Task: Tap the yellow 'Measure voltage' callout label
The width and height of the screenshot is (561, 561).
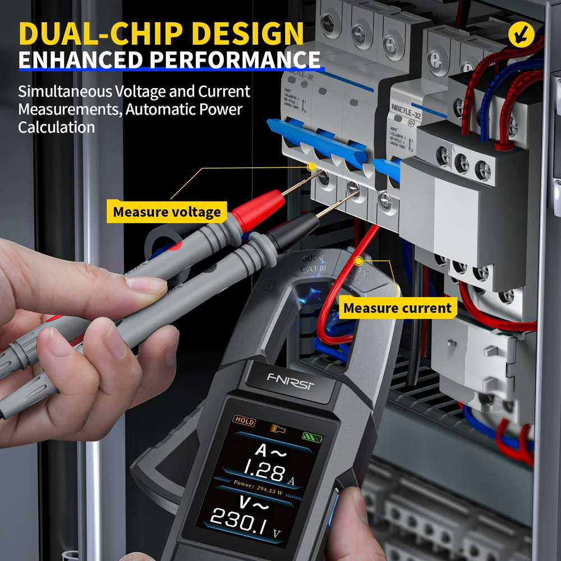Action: [x=167, y=212]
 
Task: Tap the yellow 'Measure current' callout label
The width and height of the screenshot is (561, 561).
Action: [x=397, y=308]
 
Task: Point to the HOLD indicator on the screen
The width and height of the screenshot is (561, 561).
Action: [x=245, y=421]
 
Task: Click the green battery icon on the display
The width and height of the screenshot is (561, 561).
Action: [x=309, y=436]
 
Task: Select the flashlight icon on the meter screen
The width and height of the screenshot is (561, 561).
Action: [x=277, y=428]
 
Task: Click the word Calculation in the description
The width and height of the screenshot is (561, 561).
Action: [x=56, y=127]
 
